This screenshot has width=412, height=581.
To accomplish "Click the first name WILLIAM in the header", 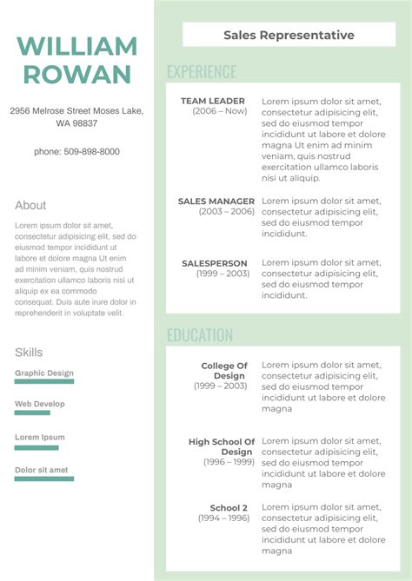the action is coord(76,46).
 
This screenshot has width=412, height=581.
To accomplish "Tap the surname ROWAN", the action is coord(76,74).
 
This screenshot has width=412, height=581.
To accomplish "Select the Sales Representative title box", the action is coord(289,35).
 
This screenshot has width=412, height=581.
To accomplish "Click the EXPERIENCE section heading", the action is coord(201,72).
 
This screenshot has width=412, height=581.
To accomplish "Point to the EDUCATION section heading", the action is coord(200,335).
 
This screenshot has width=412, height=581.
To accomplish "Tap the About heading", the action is coord(30,205).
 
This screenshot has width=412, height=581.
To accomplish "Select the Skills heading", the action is coord(29,352).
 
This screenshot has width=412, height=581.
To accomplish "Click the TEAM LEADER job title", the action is coord(213,101).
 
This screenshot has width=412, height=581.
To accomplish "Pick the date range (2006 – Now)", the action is coord(220,111).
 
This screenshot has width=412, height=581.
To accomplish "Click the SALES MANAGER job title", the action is coord(216,201).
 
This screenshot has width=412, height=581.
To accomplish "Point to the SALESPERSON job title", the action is coord(215,263).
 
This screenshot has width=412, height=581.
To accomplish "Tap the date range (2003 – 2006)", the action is coord(227,211).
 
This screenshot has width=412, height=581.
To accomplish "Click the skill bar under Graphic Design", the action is coord(44,381).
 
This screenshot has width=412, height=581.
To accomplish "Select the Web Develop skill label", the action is coord(40,404).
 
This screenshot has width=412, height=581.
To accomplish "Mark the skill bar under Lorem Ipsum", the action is coord(37,448).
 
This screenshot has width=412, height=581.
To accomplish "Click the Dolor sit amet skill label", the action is coord(41,470).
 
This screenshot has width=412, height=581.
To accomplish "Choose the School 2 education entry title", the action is coord(229,508).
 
